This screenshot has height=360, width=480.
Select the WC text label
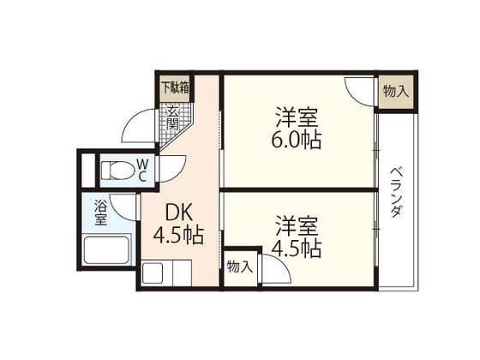(142, 169)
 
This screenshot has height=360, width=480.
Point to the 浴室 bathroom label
(100, 213)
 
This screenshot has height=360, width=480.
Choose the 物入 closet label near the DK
(239, 267)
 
